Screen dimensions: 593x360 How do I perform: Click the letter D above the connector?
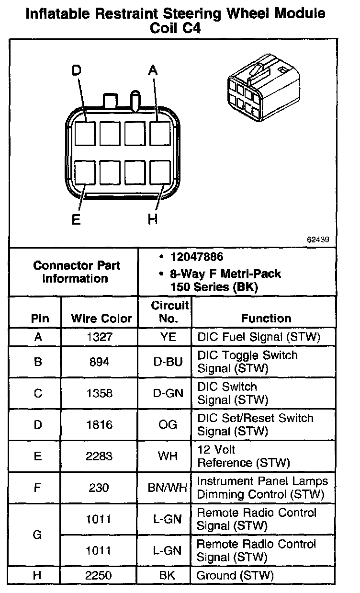[x=77, y=71]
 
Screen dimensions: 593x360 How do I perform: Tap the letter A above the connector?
[x=152, y=71]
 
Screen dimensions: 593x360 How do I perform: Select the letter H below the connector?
[x=152, y=220]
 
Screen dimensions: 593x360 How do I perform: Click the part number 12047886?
[x=197, y=257]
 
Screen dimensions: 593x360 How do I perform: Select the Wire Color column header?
[x=101, y=319]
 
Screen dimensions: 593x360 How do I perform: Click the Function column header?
[x=266, y=319]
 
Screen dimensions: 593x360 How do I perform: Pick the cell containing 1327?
[x=100, y=337]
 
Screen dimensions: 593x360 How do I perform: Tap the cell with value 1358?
[x=100, y=393]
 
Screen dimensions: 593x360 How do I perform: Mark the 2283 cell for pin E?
[x=100, y=456]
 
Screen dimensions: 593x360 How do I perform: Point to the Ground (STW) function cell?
[x=235, y=575]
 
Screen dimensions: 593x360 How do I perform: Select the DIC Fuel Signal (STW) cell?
[x=259, y=337]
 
